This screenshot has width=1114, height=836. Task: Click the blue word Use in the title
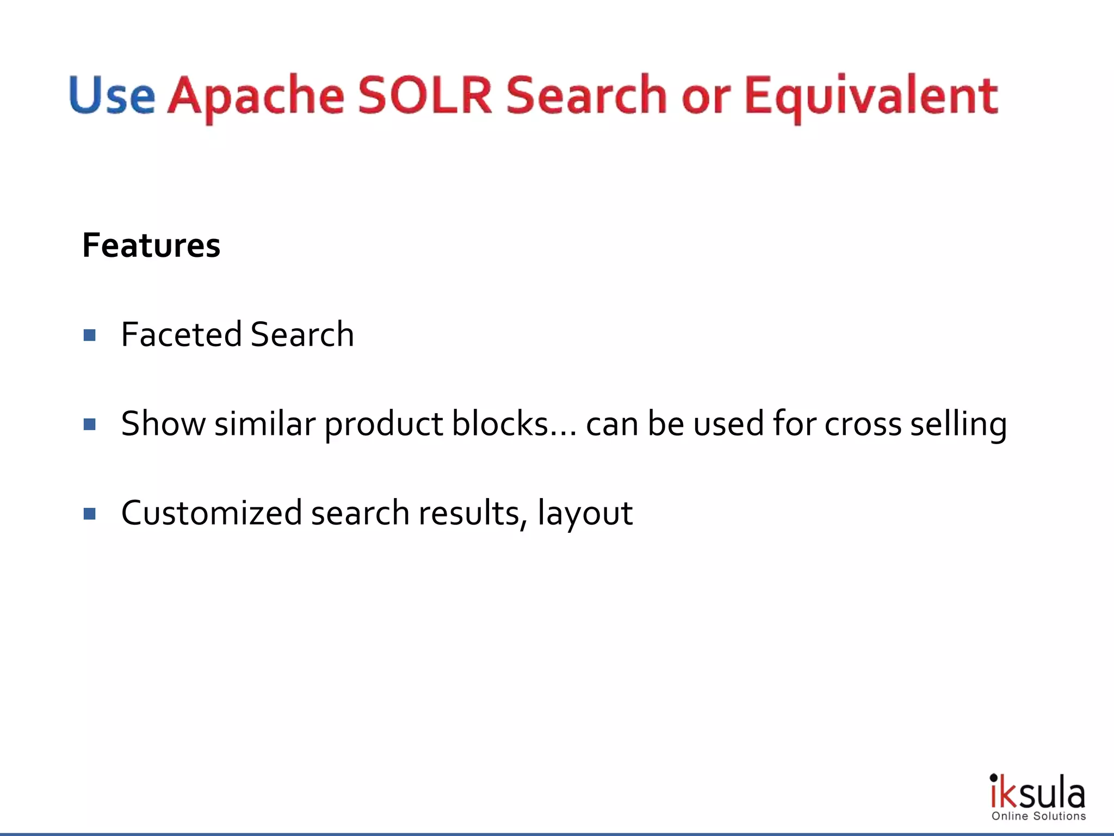click(112, 95)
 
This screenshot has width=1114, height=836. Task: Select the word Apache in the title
click(256, 96)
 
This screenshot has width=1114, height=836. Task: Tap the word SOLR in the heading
click(425, 95)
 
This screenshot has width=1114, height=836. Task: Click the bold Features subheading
click(151, 245)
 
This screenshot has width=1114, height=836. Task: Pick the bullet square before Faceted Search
click(90, 335)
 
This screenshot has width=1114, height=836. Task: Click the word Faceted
click(182, 334)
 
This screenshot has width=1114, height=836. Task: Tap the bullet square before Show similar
click(90, 424)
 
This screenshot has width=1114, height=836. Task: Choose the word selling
click(958, 425)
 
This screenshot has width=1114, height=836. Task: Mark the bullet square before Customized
click(90, 513)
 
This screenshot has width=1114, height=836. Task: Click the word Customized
click(212, 513)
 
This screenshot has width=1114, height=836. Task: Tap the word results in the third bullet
click(472, 513)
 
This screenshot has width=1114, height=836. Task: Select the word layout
click(585, 514)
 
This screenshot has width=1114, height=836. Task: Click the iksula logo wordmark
click(1037, 792)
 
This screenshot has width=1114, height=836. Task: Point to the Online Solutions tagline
click(1038, 816)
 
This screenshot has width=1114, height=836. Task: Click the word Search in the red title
click(586, 95)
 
